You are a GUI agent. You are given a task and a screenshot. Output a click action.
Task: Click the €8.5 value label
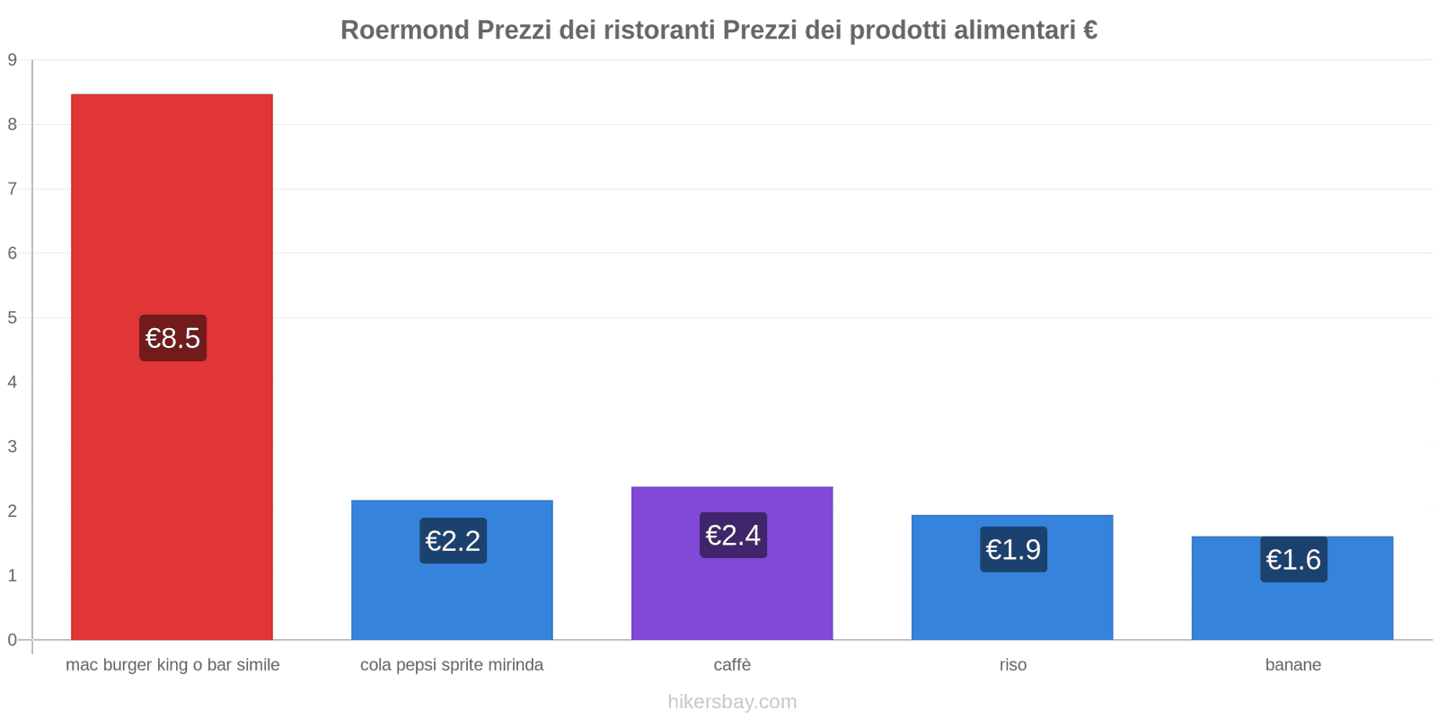[172, 338]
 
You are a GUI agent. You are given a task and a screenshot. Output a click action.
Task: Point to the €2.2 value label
[453, 541]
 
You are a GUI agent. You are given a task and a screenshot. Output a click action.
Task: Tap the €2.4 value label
[733, 535]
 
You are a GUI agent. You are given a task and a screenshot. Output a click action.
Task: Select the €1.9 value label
[1013, 549]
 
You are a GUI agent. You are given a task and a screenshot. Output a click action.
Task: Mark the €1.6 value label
[1293, 559]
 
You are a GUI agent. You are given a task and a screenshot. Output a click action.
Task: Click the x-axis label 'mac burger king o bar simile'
[172, 665]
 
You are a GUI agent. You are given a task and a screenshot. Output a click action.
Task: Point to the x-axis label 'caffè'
[732, 665]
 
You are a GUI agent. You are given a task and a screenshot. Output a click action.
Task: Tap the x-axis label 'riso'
[1012, 665]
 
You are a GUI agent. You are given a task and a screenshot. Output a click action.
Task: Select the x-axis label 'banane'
[1292, 665]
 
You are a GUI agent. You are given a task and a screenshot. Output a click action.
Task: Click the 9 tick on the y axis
[13, 60]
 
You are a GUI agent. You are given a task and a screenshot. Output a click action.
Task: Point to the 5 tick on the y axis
[13, 317]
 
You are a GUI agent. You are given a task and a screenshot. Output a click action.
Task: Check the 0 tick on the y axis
[13, 640]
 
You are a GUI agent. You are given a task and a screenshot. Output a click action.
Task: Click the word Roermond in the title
[404, 31]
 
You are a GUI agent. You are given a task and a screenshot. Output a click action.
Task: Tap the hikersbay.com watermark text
[732, 702]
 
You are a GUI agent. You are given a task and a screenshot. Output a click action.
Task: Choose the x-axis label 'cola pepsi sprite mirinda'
[452, 665]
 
